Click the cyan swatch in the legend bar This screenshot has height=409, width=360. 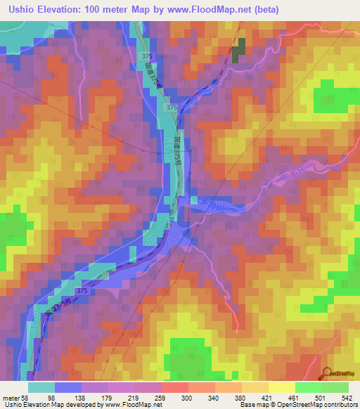[41, 387]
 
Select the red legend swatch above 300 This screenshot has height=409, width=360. [174, 387]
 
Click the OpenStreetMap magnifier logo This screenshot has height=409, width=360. [327, 373]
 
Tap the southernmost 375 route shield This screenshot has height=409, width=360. [82, 291]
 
